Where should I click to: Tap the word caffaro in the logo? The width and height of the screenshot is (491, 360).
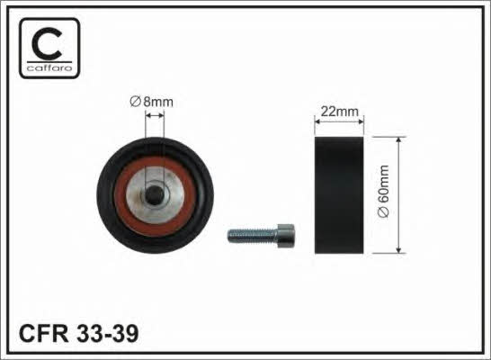[x=49, y=68]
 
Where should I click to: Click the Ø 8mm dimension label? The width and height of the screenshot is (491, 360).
[x=152, y=102]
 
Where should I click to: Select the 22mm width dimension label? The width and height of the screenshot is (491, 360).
[x=339, y=112]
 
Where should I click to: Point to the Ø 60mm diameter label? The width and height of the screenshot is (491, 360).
[x=383, y=191]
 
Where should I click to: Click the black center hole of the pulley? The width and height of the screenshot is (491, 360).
[x=155, y=195]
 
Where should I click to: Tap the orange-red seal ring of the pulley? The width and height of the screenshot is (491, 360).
[x=120, y=196]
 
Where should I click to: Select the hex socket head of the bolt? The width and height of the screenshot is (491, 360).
[x=286, y=236]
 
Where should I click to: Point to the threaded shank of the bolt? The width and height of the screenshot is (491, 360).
[x=253, y=236]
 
